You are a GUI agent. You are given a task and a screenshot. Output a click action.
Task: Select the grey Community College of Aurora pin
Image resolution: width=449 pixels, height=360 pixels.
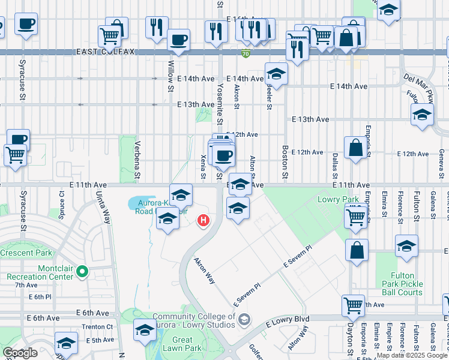pyautogui.click(x=243, y=319)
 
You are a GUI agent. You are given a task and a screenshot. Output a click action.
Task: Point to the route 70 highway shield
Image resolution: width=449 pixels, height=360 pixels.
pyautogui.click(x=246, y=53)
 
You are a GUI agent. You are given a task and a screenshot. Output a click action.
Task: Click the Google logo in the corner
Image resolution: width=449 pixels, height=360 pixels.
pyautogui.click(x=19, y=353)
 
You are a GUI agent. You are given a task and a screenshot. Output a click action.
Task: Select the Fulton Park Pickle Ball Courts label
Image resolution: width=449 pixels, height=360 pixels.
pyautogui.click(x=402, y=284)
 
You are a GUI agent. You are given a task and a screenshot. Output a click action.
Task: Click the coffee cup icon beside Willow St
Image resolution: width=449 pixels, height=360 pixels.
pyautogui.click(x=179, y=40)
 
